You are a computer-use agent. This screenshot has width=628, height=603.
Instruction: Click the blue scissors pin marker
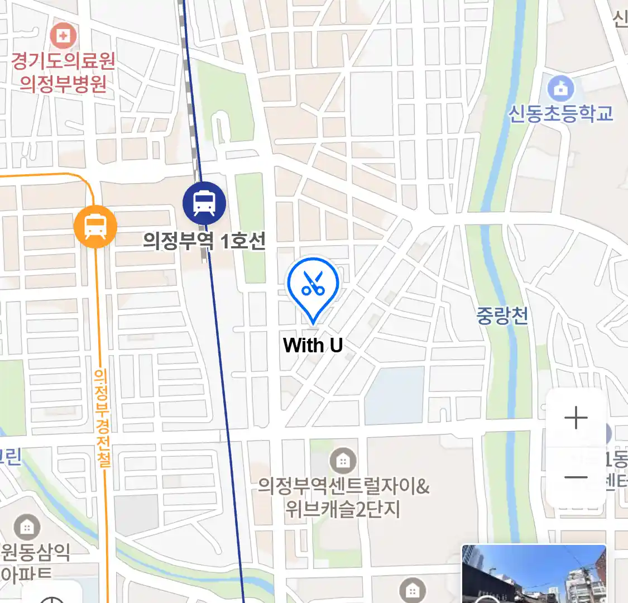[x=313, y=285]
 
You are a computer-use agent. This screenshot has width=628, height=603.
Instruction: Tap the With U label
[x=313, y=346]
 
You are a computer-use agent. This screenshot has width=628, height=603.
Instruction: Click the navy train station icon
[x=204, y=203]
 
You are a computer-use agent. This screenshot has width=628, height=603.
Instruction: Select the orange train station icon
[x=95, y=227]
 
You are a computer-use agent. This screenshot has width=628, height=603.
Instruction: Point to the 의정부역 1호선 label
[x=204, y=241]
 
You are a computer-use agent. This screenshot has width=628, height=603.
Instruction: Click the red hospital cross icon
[x=63, y=36]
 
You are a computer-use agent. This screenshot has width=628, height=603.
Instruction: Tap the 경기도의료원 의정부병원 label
[x=63, y=72]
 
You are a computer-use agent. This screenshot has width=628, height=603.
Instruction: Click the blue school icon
[x=560, y=88]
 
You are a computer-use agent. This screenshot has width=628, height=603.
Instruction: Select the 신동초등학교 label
[x=560, y=113]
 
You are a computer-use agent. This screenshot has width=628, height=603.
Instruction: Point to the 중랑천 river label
[x=502, y=316]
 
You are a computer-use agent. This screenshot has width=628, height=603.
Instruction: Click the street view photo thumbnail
[x=534, y=574]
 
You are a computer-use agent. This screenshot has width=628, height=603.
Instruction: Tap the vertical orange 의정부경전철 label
[x=102, y=417]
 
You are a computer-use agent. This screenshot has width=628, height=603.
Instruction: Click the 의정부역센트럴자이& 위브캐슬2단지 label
[x=343, y=497]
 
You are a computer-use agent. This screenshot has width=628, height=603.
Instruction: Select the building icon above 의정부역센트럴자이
[x=343, y=461]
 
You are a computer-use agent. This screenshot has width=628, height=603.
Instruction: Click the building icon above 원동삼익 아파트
[x=26, y=527]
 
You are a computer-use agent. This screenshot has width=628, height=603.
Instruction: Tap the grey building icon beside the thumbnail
[x=413, y=590]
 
